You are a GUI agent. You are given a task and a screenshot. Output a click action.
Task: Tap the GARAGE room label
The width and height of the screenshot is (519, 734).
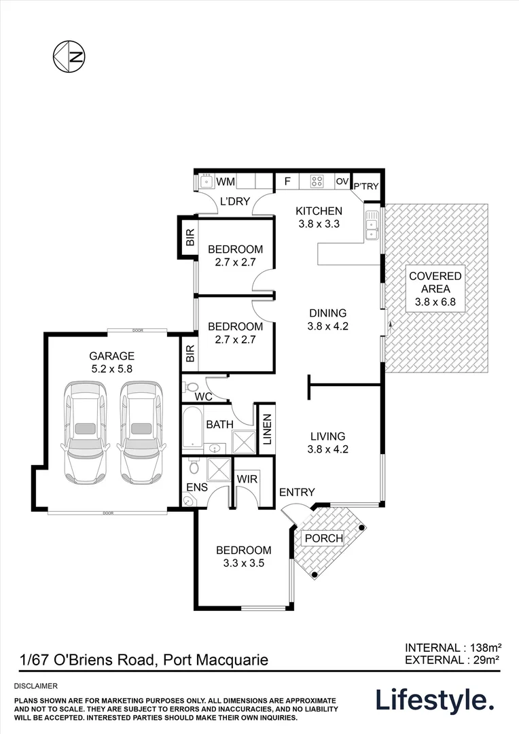pyautogui.click(x=112, y=355)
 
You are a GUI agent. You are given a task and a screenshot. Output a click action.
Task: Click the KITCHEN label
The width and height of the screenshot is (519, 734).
pyautogui.click(x=319, y=211)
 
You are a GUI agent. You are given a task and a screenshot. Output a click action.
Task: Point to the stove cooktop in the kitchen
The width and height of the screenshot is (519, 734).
pyautogui.click(x=317, y=181)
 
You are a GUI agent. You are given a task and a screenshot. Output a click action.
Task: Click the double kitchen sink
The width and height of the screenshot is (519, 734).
pyautogui.click(x=371, y=226)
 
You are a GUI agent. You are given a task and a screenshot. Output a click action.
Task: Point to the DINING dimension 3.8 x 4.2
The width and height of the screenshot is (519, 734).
pyautogui.click(x=328, y=326)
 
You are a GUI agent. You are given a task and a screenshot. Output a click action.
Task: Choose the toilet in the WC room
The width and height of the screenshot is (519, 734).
pyautogui.click(x=190, y=387)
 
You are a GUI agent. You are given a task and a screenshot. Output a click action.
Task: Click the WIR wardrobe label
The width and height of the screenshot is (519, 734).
pyautogui.click(x=245, y=478)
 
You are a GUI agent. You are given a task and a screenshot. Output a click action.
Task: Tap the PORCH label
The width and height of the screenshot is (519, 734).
pyautogui.click(x=323, y=538)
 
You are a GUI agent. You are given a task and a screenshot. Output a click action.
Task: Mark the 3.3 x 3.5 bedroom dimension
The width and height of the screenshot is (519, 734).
pyautogui.click(x=243, y=563)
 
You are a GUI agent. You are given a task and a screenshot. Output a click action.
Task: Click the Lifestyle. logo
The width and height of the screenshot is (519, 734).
pyautogui.click(x=435, y=700)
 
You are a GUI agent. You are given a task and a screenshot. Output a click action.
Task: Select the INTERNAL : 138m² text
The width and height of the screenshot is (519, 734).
pyautogui.click(x=453, y=648)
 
